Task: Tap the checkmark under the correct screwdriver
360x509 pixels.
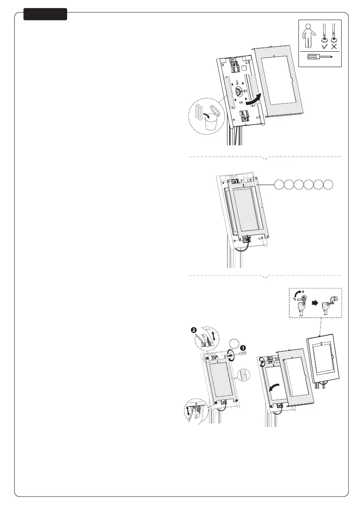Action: [x=324, y=46]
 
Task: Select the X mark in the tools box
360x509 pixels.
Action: [x=334, y=46]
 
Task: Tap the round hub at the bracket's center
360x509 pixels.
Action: [x=239, y=91]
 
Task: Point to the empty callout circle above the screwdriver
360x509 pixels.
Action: [x=233, y=344]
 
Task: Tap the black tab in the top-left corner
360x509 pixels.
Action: [x=45, y=14]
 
